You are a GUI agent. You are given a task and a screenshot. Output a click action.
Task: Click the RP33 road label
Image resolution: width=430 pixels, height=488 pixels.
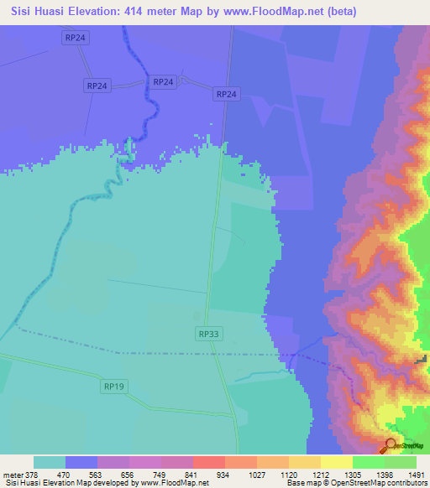(x=209, y=334)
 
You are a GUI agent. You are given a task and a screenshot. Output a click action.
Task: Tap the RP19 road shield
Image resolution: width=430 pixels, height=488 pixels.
(x=115, y=387)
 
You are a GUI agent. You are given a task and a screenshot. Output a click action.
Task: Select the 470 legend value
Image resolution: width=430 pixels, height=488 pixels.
(x=81, y=474)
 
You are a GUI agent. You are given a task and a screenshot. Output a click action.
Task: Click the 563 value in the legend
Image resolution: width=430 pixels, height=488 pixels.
(x=113, y=474)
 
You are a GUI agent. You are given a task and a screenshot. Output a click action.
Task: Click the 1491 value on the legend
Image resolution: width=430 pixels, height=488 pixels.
(x=416, y=474)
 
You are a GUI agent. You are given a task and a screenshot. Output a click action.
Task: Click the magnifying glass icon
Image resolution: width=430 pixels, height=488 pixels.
(x=391, y=446)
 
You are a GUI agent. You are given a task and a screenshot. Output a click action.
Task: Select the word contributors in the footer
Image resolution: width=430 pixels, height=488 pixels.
(x=406, y=483)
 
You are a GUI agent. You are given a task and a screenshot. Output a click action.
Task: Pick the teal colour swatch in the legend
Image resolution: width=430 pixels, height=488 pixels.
(x=50, y=462)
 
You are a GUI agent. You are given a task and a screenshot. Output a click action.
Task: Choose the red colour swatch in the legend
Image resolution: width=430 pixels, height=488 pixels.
(x=208, y=462)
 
